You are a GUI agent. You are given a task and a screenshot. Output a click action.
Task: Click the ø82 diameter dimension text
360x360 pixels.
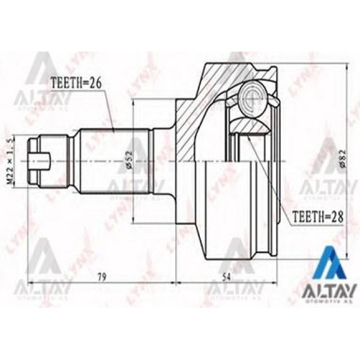[x=343, y=159]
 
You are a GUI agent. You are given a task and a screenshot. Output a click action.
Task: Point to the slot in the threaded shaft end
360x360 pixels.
[x=41, y=160]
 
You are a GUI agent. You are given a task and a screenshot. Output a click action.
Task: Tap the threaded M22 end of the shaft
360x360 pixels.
[x=51, y=160]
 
